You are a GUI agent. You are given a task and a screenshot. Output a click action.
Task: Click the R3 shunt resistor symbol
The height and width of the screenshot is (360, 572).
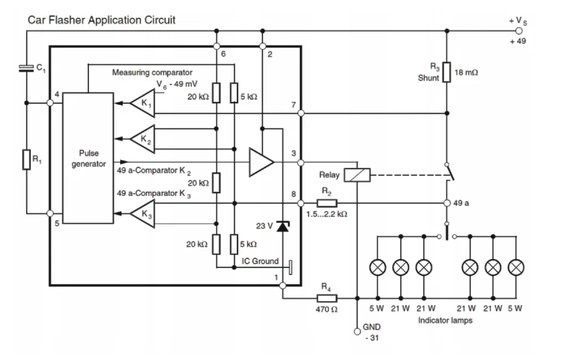pos(447,72)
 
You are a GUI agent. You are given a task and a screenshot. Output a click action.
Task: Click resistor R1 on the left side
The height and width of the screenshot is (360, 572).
pos(26,159)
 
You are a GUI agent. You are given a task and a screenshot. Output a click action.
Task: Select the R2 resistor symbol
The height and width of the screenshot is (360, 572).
pos(326,203)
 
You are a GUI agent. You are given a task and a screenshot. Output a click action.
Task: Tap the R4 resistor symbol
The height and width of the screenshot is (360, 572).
pos(326,298)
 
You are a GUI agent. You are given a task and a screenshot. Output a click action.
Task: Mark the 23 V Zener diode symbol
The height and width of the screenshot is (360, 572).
pos(283,226)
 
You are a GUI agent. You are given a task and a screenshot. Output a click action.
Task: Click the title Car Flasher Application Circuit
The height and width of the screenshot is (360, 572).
pos(101,20)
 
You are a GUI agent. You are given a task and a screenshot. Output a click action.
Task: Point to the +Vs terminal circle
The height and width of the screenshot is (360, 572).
pos(519,31)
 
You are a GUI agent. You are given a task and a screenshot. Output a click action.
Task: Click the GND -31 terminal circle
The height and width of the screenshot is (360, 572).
pos(357,331)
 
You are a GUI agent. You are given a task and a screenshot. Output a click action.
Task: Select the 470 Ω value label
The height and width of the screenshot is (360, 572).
pos(326,309)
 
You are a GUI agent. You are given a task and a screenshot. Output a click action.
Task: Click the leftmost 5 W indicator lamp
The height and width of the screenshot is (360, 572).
pos(377,267)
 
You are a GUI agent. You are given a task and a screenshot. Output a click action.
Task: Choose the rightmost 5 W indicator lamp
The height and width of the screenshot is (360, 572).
pos(516,267)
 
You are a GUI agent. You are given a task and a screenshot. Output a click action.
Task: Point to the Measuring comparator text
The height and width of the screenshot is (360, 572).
pos(152,72)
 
